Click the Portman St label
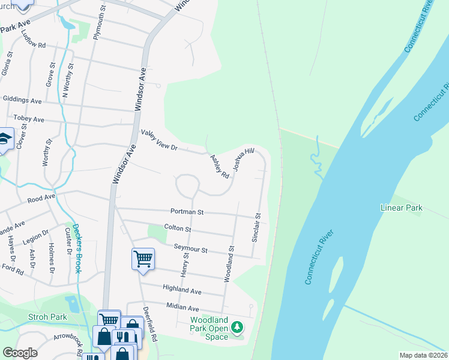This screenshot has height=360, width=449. point(187,212)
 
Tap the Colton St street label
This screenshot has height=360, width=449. point(177,229)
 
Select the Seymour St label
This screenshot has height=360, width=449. point(190,249)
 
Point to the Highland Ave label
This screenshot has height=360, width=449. point(182,289)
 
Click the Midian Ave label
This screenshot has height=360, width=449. point(182,306)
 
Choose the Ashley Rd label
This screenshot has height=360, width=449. point(220,167)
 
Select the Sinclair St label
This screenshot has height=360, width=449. point(256,227)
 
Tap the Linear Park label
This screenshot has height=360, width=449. point(402,208)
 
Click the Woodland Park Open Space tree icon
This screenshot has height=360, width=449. point(238,327)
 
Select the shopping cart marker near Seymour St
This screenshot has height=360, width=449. point(143,259)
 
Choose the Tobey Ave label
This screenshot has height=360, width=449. point(24,119)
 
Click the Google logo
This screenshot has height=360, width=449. point(20,353)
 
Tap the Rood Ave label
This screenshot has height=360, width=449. point(41,196)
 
